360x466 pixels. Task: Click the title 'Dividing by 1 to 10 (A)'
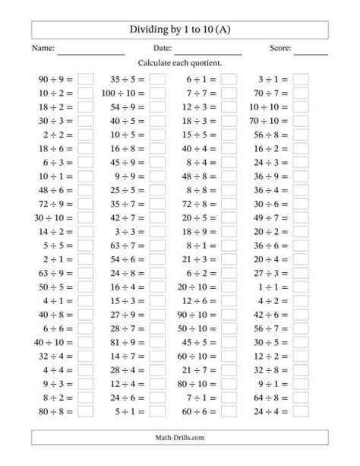(x=180, y=30)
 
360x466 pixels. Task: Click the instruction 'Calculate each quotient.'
(x=180, y=64)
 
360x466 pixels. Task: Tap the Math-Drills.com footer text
(x=180, y=438)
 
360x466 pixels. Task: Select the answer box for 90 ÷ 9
(x=85, y=78)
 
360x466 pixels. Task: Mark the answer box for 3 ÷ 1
(x=301, y=78)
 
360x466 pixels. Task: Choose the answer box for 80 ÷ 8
(x=85, y=411)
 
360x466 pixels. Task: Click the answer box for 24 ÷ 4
(x=301, y=411)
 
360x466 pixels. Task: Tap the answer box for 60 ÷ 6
(x=229, y=411)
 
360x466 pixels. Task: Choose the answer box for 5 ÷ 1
(x=157, y=411)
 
